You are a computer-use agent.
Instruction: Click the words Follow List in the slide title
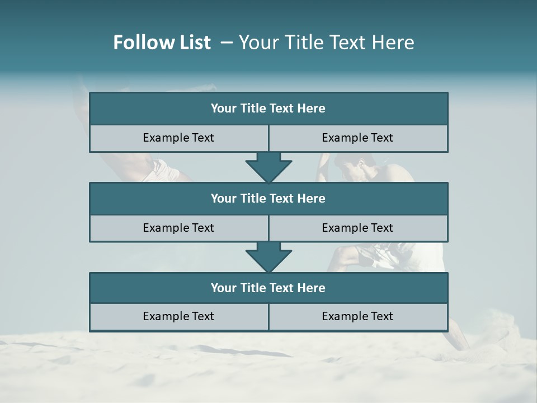pyautogui.click(x=162, y=43)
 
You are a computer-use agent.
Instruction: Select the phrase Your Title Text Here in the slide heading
pyautogui.click(x=326, y=43)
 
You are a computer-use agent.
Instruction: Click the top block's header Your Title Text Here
pyautogui.click(x=268, y=109)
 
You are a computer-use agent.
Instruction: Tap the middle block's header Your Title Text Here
pyautogui.click(x=268, y=198)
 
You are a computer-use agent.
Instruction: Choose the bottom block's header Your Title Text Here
pyautogui.click(x=268, y=288)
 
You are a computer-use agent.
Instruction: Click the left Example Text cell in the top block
pyautogui.click(x=178, y=138)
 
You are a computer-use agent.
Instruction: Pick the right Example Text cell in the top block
pyautogui.click(x=357, y=138)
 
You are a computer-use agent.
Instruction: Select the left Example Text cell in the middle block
pyautogui.click(x=178, y=228)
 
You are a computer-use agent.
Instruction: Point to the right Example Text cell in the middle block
pyautogui.click(x=357, y=228)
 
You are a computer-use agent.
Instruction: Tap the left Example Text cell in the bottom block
pyautogui.click(x=178, y=316)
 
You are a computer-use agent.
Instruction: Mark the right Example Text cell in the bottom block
pyautogui.click(x=357, y=316)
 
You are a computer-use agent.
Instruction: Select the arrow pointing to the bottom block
pyautogui.click(x=268, y=257)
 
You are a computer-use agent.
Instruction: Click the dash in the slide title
pyautogui.click(x=227, y=43)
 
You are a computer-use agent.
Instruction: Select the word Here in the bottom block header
pyautogui.click(x=311, y=288)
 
